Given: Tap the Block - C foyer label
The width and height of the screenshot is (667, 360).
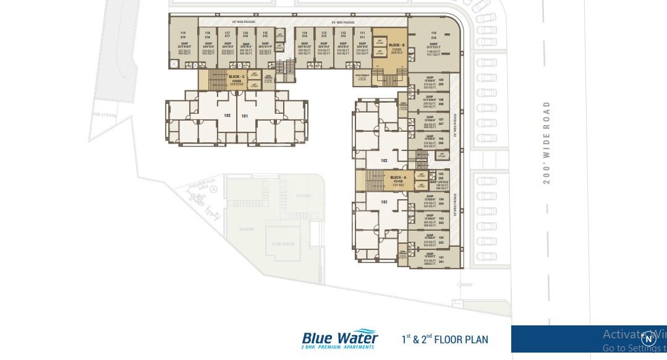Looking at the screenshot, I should pyautogui.click(x=236, y=78).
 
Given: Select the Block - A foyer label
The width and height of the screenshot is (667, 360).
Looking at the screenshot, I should pyautogui.click(x=398, y=180).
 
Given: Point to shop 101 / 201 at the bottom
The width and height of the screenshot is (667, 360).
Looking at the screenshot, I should pyautogui.click(x=433, y=259).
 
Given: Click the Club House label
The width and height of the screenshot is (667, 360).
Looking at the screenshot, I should pyautogui.click(x=283, y=244).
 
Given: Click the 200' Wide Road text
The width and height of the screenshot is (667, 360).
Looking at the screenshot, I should pyautogui.click(x=546, y=143).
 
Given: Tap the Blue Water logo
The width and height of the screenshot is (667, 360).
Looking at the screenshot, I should pyautogui.click(x=339, y=340).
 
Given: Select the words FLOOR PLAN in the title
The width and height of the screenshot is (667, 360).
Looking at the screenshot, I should pyautogui.click(x=461, y=339).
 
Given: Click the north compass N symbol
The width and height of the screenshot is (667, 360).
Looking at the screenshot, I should pyautogui.click(x=648, y=339).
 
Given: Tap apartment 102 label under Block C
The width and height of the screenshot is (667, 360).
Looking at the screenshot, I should pyautogui.click(x=227, y=116).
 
